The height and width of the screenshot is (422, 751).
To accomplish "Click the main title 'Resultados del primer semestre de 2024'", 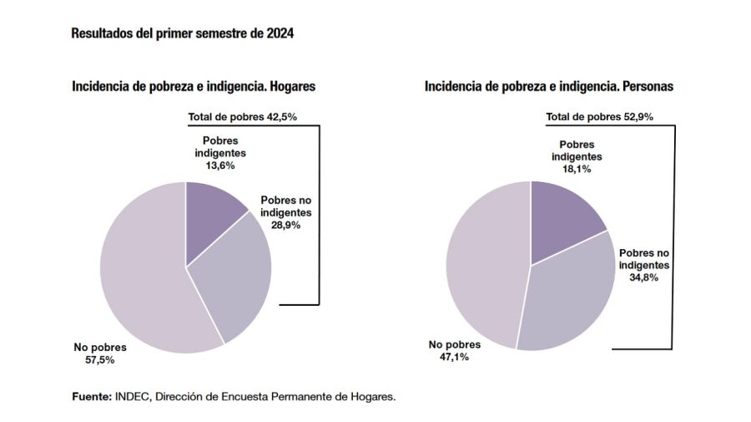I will pyautogui.click(x=183, y=34).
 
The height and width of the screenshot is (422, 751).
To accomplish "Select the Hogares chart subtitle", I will pyautogui.click(x=194, y=86).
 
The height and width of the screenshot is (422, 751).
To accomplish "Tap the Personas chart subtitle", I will pyautogui.click(x=548, y=86).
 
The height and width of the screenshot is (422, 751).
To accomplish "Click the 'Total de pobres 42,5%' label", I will pyautogui.click(x=241, y=117).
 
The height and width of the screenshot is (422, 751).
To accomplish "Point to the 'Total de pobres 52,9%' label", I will pyautogui.click(x=599, y=117).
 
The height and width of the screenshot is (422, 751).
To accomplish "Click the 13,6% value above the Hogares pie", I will pyautogui.click(x=219, y=165).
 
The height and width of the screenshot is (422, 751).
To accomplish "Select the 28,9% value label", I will pyautogui.click(x=285, y=225).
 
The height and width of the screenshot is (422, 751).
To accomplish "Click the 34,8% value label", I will pyautogui.click(x=644, y=277).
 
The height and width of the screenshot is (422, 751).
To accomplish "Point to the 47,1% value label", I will pyautogui.click(x=450, y=357).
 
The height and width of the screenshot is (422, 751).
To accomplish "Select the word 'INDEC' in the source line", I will pyautogui.click(x=131, y=397).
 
